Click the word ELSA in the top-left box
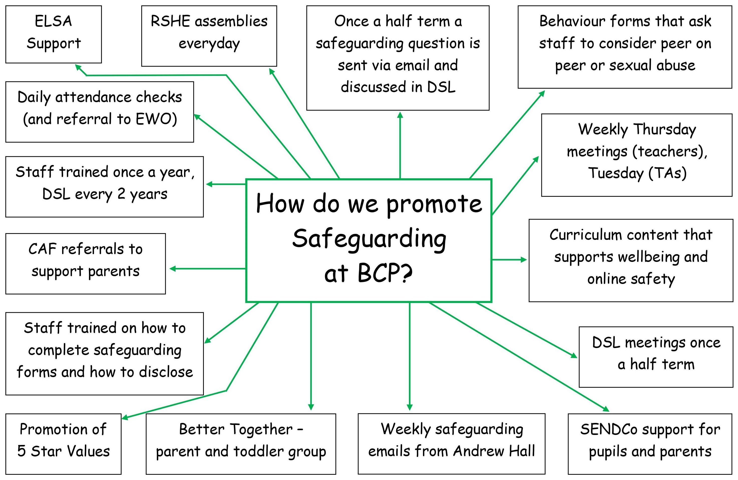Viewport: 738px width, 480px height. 53,21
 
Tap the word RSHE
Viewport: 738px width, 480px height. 170,21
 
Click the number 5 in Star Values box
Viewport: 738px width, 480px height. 21,451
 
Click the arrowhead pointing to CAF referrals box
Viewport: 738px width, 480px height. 172,268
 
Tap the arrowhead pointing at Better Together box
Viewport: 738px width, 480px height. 311,407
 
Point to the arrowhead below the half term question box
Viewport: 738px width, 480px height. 400,115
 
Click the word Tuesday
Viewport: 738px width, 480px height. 616,173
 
